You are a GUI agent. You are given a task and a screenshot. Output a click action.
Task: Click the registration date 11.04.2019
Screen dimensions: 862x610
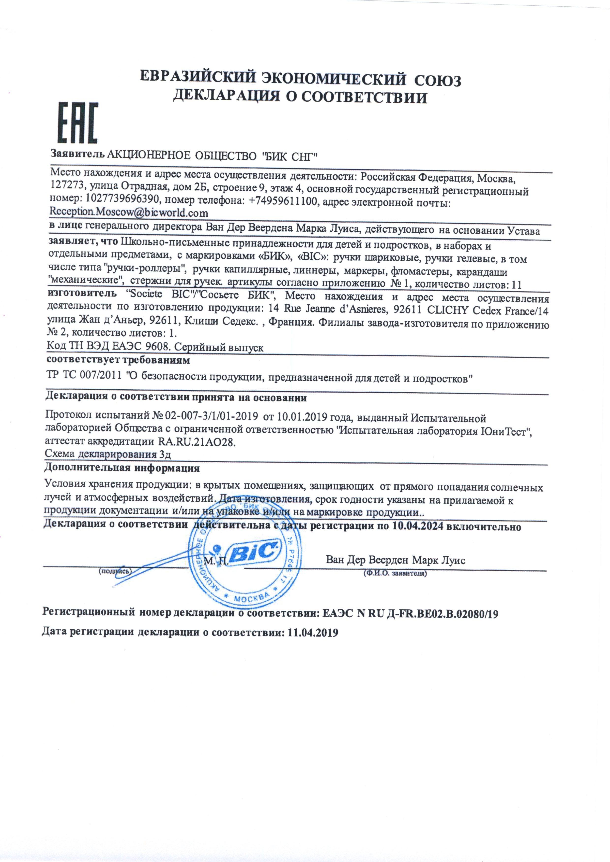313,632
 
